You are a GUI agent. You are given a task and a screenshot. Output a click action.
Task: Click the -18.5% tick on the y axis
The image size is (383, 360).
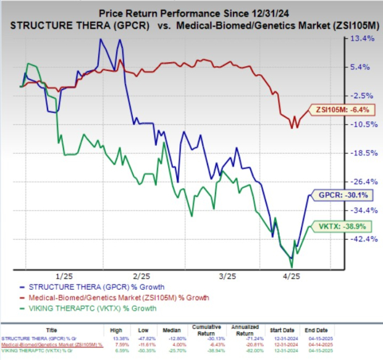click(362, 153)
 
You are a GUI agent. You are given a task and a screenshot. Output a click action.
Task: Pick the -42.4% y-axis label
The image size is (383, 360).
click(362, 239)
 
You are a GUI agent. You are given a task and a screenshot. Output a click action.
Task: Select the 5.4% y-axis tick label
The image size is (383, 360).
click(363, 67)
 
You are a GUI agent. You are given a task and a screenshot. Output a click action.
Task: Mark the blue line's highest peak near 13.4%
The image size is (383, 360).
click(100, 39)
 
